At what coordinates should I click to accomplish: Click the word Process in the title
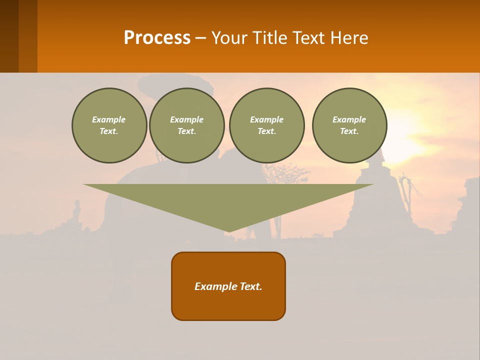157,38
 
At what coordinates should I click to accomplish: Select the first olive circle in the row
109,125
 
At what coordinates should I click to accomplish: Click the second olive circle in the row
186,125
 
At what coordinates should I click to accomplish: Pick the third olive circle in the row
266,125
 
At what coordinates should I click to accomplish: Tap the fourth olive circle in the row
349,125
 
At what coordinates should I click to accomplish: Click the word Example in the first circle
109,119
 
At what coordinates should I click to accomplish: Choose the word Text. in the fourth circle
349,131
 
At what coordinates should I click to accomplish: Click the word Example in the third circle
266,119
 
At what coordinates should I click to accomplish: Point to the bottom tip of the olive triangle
228,231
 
